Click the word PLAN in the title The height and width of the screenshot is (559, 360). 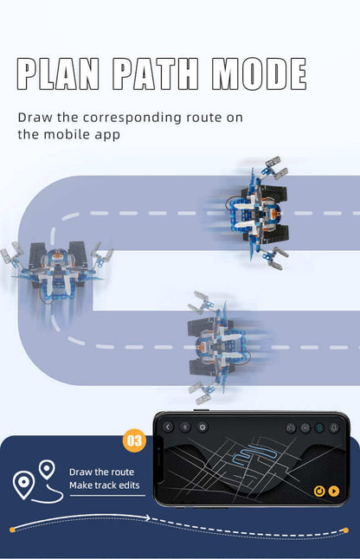[x=58, y=74]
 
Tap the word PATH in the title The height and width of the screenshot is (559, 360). [x=156, y=74]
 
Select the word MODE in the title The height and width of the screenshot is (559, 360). [x=259, y=74]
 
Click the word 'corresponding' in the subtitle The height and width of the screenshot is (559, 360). [x=132, y=118]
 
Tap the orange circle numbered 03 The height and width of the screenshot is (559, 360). [x=134, y=440]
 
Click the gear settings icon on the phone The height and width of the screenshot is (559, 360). [x=202, y=427]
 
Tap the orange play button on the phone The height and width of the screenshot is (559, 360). [x=334, y=491]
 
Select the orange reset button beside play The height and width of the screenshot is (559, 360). [x=319, y=491]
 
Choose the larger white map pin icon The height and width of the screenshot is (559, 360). [x=23, y=485]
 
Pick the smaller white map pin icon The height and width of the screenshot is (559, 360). [x=47, y=469]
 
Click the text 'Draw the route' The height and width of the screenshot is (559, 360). [x=101, y=472]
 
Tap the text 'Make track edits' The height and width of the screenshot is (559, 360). [x=105, y=485]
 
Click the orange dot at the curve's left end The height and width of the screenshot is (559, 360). [x=12, y=530]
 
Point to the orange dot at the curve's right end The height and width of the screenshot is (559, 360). [x=345, y=530]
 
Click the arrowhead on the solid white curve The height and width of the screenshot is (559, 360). [x=147, y=517]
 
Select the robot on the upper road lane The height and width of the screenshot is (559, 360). [x=257, y=213]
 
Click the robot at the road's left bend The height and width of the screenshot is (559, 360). [x=56, y=271]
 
